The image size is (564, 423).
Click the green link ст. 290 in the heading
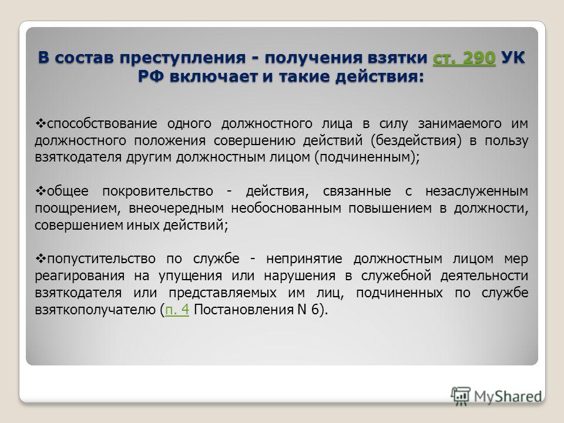coord(464,58)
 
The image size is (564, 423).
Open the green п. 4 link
coord(177,310)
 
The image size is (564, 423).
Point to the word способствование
coord(102,124)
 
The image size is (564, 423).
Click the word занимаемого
coord(459,123)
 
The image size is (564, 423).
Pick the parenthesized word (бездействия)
coord(416,140)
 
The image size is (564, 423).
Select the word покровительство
coord(157,191)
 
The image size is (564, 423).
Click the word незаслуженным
coord(476,191)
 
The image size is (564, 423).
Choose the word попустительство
coord(101,258)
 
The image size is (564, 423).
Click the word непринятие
coord(304,258)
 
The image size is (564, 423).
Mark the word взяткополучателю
coord(95,310)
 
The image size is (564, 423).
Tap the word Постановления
coord(243,310)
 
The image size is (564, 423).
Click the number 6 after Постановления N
coord(315,310)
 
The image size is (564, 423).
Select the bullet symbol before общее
coord(41,191)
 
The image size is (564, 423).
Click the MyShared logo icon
coord(461,397)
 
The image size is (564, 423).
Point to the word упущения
coord(190,276)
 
